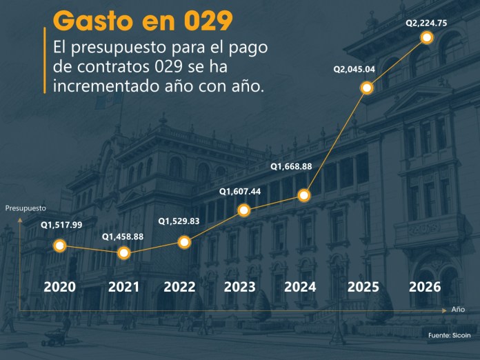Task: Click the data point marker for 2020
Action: pos(60,246)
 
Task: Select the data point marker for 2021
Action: pos(124,253)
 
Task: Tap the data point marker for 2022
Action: pos(184,242)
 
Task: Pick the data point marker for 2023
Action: pos(244,210)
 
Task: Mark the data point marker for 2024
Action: pos(305,195)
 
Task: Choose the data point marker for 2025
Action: pos(367,88)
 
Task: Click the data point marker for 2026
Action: pos(426,38)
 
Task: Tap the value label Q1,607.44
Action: pos(240,191)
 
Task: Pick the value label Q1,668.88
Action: pos(291,166)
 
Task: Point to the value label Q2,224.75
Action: pos(426,23)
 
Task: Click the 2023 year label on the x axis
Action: pos(239,287)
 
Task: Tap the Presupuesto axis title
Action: pos(26,208)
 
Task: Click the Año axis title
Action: pos(459,310)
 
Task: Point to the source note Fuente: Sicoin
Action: pos(449,336)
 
